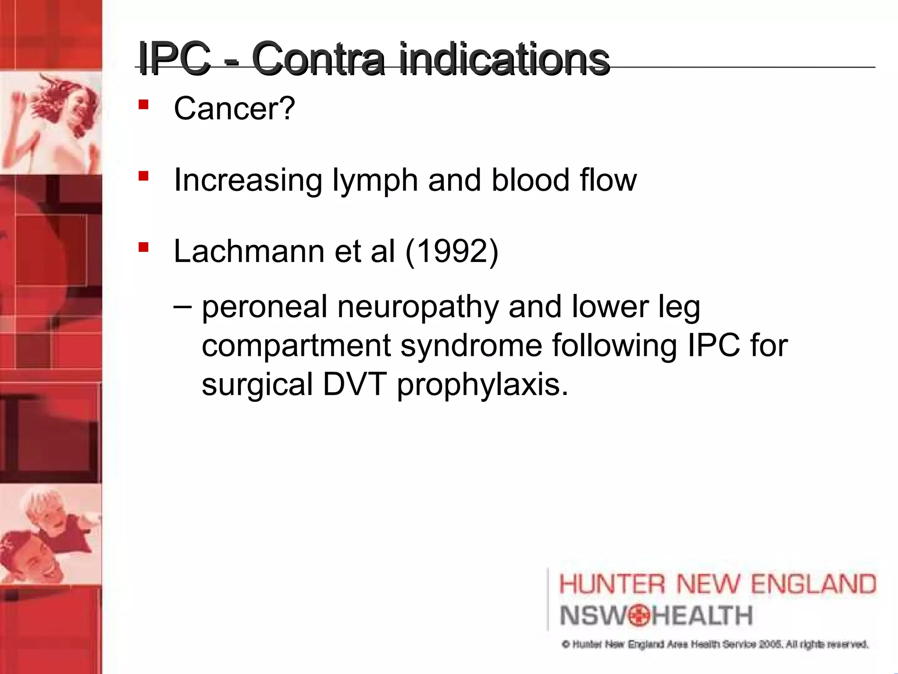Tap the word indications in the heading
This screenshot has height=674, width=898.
pos(504,59)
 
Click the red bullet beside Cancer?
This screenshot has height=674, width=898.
pos(143,105)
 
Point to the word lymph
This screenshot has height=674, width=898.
pos(375,180)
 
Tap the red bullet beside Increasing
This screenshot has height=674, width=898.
pos(143,176)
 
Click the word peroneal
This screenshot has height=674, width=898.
pos(264,307)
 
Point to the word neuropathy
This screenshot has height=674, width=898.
pos(418,308)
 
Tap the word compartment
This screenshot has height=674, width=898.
pos(296,345)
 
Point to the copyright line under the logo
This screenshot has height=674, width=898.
pos(715,644)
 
